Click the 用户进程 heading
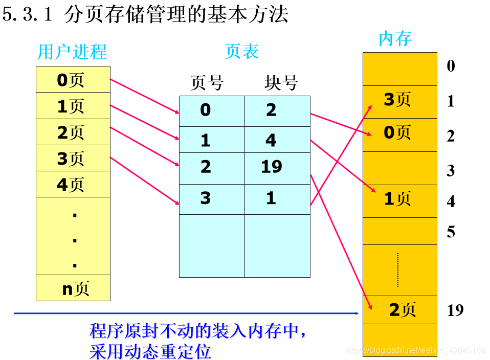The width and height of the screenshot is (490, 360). (72, 52)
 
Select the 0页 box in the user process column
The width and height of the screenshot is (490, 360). (73, 80)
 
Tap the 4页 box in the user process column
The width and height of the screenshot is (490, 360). (73, 184)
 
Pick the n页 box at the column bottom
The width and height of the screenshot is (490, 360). (73, 288)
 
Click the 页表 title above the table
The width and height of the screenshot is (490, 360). (242, 51)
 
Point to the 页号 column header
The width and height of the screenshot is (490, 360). (207, 83)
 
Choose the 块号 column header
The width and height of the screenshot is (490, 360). (281, 83)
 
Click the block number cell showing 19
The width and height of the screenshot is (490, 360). (277, 168)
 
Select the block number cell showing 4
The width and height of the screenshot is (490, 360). (277, 140)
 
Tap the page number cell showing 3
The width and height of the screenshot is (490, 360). (211, 198)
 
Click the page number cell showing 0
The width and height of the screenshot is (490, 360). (211, 109)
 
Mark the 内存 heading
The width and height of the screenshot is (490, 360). (395, 39)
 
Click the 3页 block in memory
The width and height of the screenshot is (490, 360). (399, 100)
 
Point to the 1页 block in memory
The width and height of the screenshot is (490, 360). (399, 199)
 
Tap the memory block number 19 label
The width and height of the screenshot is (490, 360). (455, 310)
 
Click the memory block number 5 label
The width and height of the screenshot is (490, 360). (451, 232)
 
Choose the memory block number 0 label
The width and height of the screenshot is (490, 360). (451, 66)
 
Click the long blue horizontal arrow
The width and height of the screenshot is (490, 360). (184, 313)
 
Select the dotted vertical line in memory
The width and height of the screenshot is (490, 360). (397, 269)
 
